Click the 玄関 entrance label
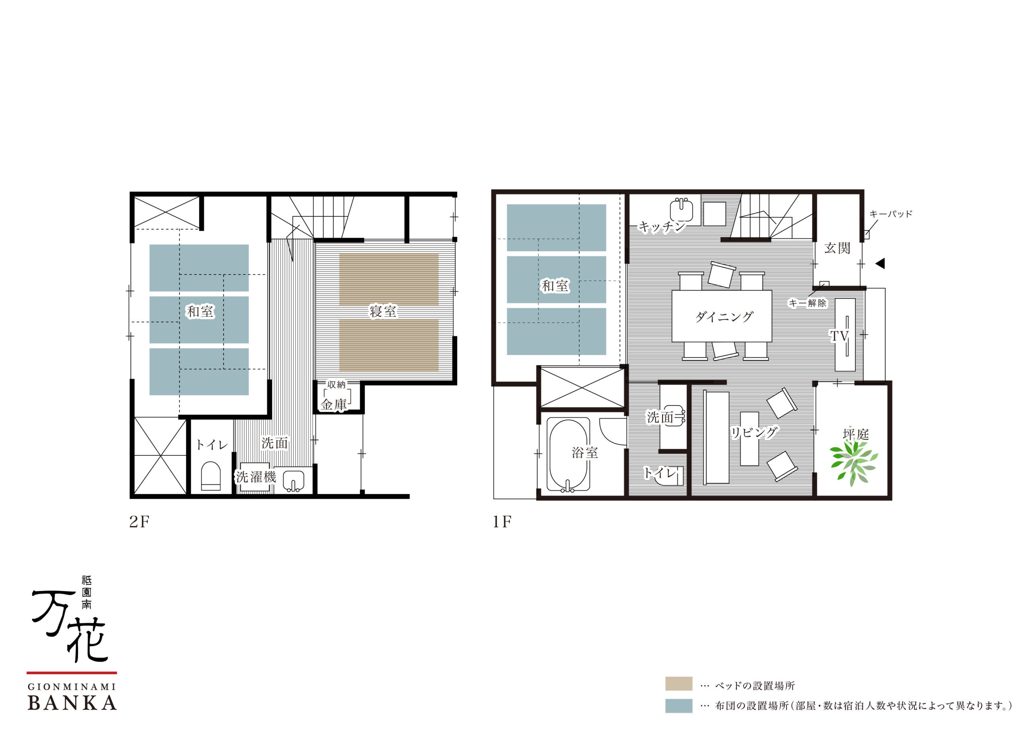click(x=837, y=248)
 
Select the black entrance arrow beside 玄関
click(x=880, y=264)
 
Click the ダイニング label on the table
click(x=724, y=317)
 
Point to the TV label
click(x=839, y=336)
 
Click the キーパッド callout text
click(x=891, y=214)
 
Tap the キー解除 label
click(x=808, y=303)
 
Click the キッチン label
click(x=662, y=227)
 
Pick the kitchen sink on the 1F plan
click(x=682, y=211)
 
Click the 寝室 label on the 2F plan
click(x=383, y=311)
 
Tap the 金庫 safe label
click(x=334, y=405)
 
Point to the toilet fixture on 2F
click(x=211, y=476)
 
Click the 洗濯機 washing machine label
click(x=256, y=477)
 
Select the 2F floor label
click(x=139, y=522)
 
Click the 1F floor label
click(x=502, y=522)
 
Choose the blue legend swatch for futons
click(x=679, y=706)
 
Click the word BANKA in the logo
click(x=72, y=703)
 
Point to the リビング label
click(x=754, y=432)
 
